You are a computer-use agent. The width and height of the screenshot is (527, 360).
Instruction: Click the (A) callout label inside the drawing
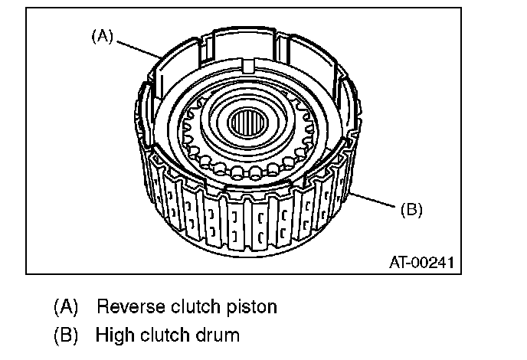pos(102,34)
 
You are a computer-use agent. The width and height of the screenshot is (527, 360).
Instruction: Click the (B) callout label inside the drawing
pos(411,208)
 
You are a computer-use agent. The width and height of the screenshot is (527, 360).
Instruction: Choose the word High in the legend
pos(112,335)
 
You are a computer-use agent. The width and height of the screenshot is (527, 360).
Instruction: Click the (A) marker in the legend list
pos(66,308)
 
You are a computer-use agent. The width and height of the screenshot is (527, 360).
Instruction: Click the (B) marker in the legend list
pos(66,335)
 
